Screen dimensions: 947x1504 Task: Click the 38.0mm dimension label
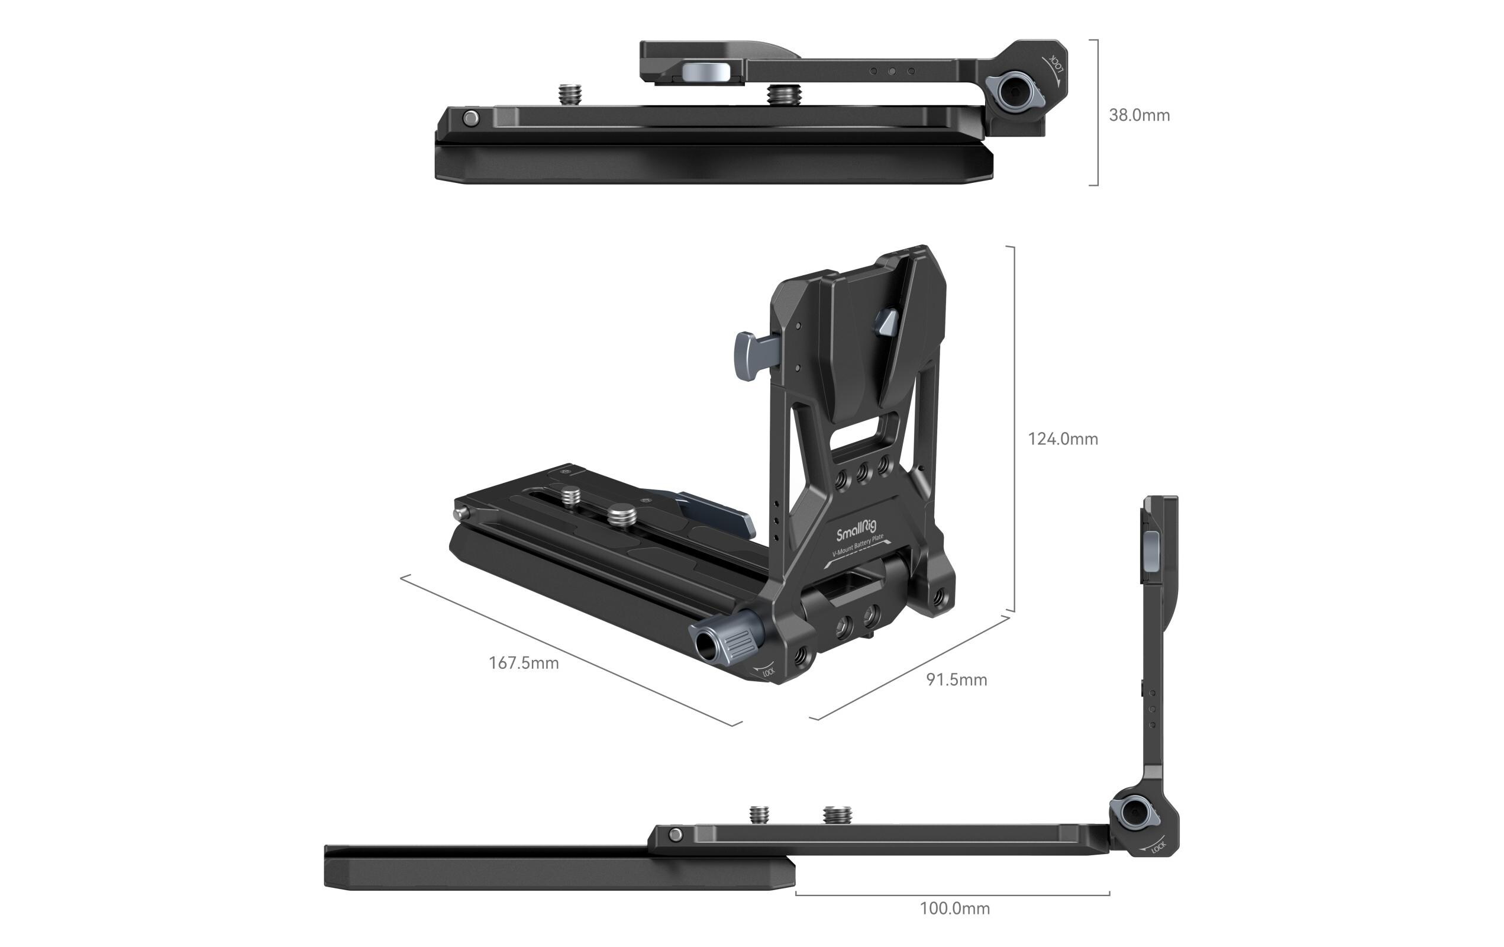(1138, 115)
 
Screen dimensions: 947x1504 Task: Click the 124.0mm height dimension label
(1063, 439)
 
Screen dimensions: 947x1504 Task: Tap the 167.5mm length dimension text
(524, 663)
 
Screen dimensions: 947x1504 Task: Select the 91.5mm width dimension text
(956, 679)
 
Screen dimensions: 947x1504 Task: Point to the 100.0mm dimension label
(954, 909)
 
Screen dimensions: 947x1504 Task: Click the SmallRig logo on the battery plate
(856, 530)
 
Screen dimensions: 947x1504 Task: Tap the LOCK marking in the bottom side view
(1158, 847)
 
